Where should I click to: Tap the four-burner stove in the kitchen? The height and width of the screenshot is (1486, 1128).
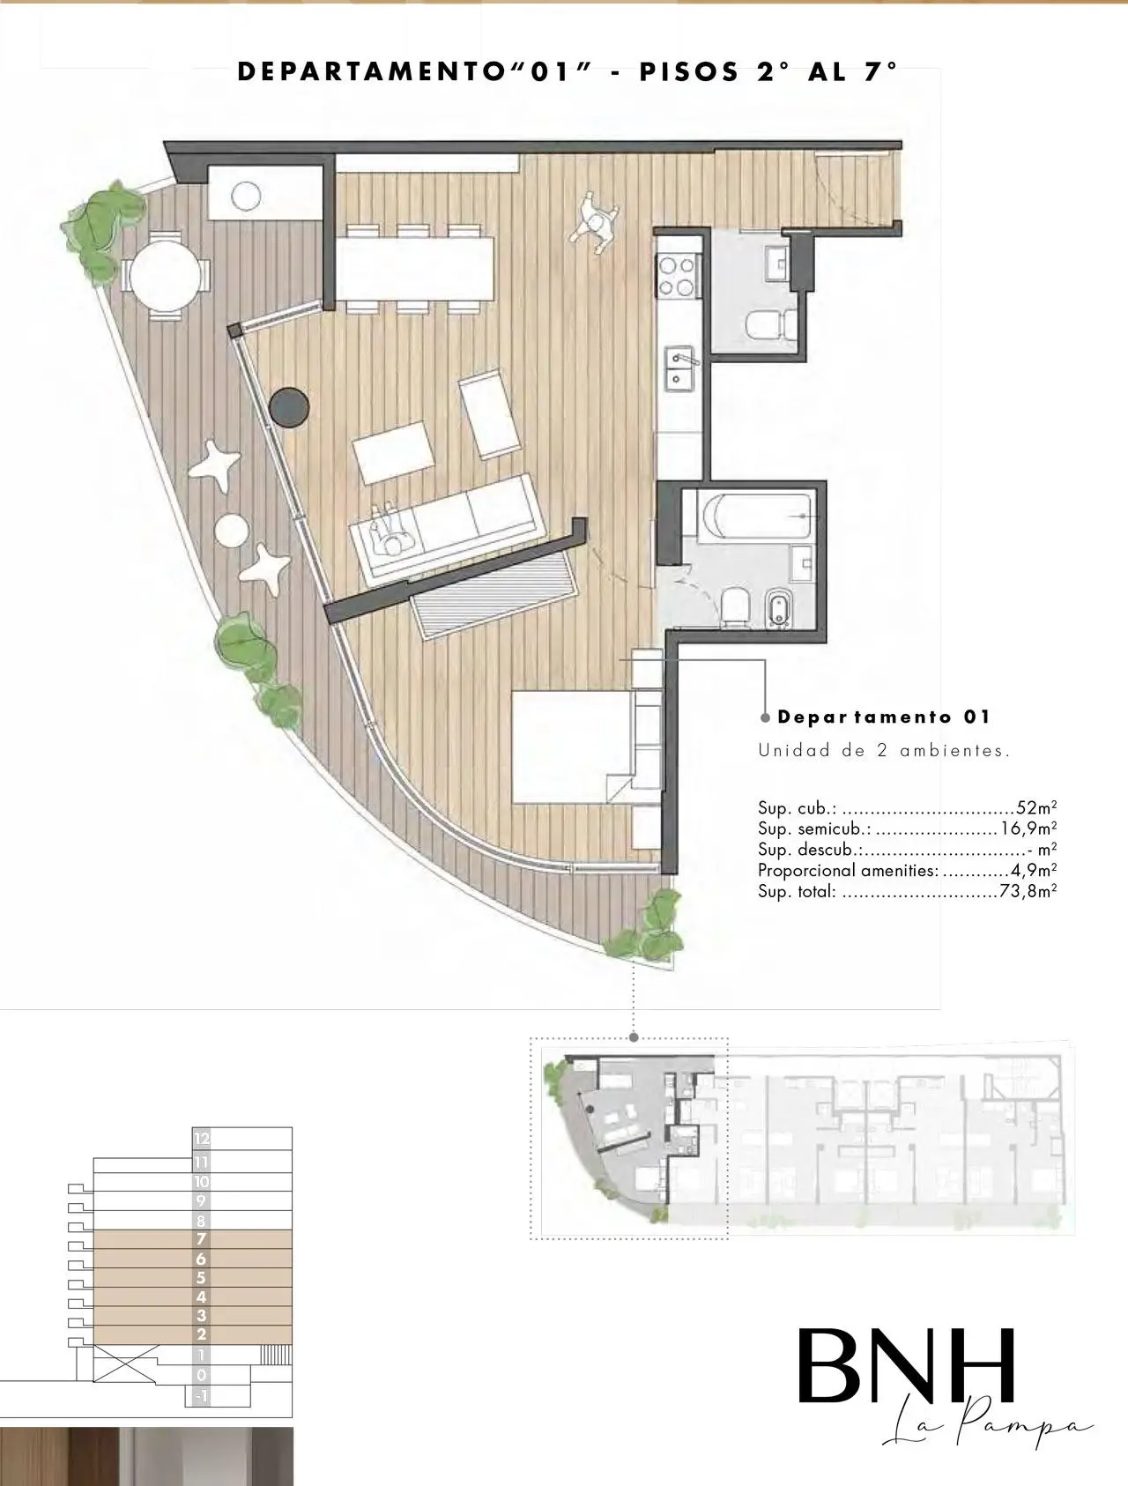[x=676, y=275]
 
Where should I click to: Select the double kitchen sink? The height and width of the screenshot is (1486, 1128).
[x=681, y=369]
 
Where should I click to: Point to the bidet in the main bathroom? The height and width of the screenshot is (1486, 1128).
[x=778, y=607]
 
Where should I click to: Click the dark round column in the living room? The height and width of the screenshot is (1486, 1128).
[x=288, y=408]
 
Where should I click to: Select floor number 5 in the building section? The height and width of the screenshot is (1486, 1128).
[x=201, y=1278]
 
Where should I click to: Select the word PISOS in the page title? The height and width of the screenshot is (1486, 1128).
[x=689, y=73]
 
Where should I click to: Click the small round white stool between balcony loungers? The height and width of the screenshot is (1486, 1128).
[x=232, y=529]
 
